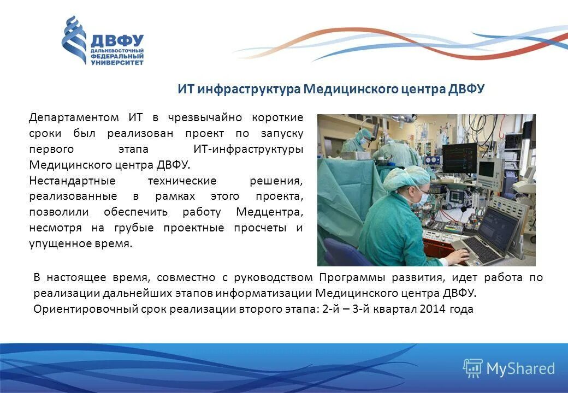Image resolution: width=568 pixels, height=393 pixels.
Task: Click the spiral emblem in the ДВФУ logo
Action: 74,39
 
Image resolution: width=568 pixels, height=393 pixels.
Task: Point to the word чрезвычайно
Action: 208,118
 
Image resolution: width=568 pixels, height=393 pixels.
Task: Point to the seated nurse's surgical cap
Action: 407,178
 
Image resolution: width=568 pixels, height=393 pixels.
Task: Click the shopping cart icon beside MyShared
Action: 472,368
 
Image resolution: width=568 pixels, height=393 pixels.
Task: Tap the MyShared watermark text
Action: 520,369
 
